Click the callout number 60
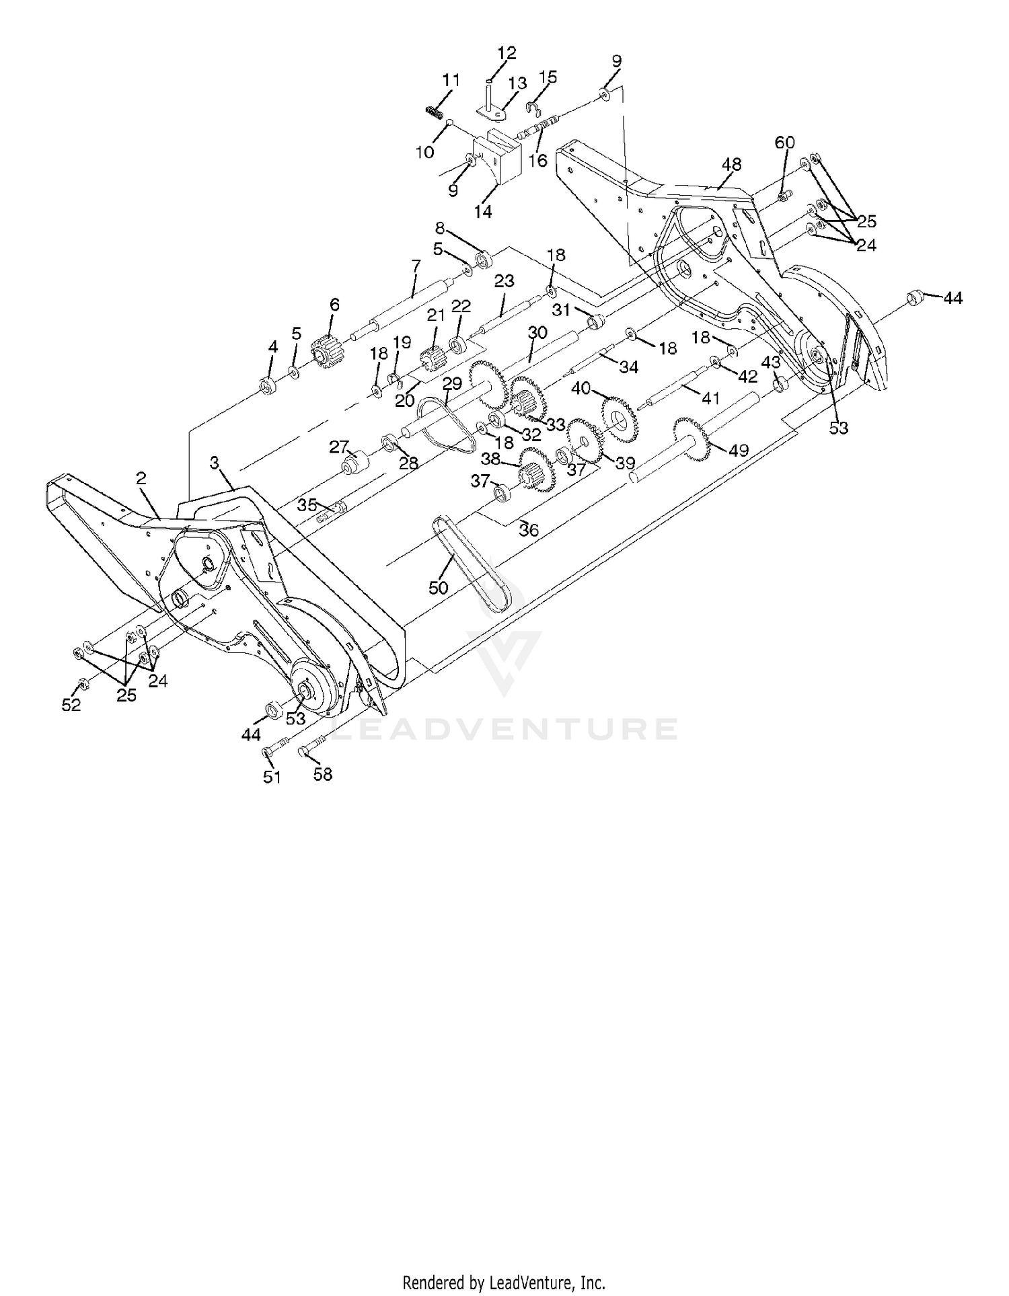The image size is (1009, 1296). [x=784, y=142]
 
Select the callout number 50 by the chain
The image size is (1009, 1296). [x=438, y=587]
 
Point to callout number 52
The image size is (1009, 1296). [x=71, y=705]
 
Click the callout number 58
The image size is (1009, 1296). [x=323, y=774]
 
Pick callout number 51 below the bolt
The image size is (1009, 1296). [x=272, y=777]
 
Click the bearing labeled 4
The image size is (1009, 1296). [x=270, y=386]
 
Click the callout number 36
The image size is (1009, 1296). [x=529, y=530]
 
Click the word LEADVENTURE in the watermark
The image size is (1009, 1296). [x=504, y=729]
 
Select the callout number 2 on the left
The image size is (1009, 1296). [x=141, y=478]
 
